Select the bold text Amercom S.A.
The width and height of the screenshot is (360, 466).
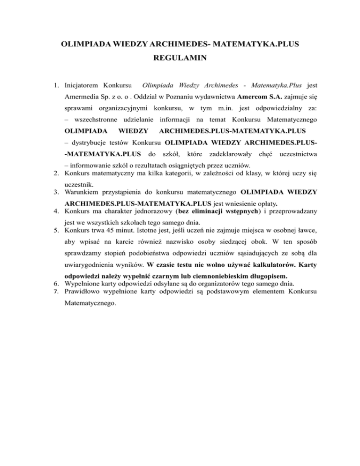point(257,100)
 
